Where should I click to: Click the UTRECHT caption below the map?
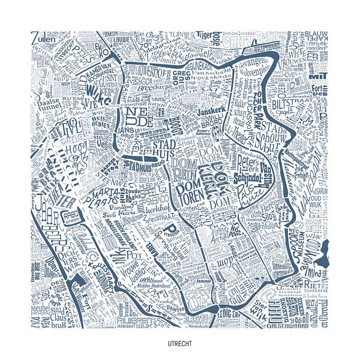coord(180,344)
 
